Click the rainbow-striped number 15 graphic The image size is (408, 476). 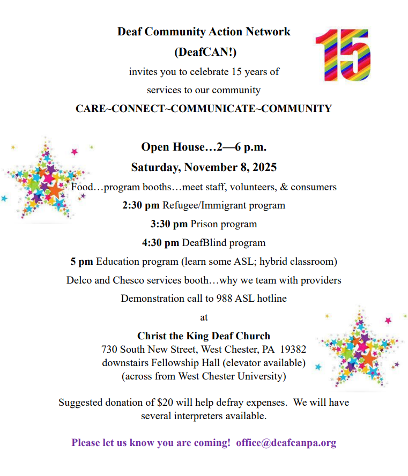[342, 54]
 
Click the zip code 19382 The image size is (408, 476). [293, 349]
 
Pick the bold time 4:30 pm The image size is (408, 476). [160, 243]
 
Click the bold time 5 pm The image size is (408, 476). [82, 262]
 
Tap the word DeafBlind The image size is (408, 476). [204, 243]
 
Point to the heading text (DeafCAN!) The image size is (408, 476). [204, 52]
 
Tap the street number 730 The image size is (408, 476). [109, 349]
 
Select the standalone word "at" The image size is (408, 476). [204, 317]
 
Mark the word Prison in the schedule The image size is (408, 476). [205, 224]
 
